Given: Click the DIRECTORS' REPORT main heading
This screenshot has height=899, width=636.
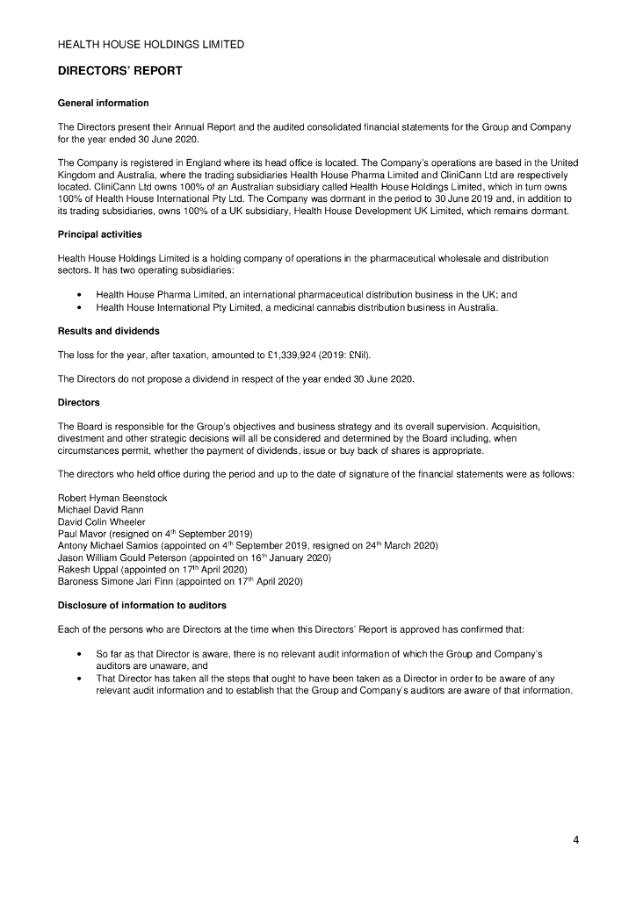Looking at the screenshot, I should click(120, 71).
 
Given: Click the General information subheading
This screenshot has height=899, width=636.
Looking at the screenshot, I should click(103, 104).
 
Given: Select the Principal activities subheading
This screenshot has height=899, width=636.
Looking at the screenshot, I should click(99, 234).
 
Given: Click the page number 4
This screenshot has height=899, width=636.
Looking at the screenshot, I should click(576, 840).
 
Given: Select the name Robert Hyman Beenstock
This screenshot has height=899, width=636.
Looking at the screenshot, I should click(112, 499).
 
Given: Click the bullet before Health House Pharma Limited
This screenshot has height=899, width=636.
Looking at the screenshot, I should click(81, 295).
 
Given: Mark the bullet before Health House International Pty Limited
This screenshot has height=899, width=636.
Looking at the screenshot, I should click(81, 307).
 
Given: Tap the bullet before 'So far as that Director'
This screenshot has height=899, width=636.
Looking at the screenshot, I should click(81, 655).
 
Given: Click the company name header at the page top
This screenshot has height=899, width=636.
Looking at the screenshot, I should click(151, 44).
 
